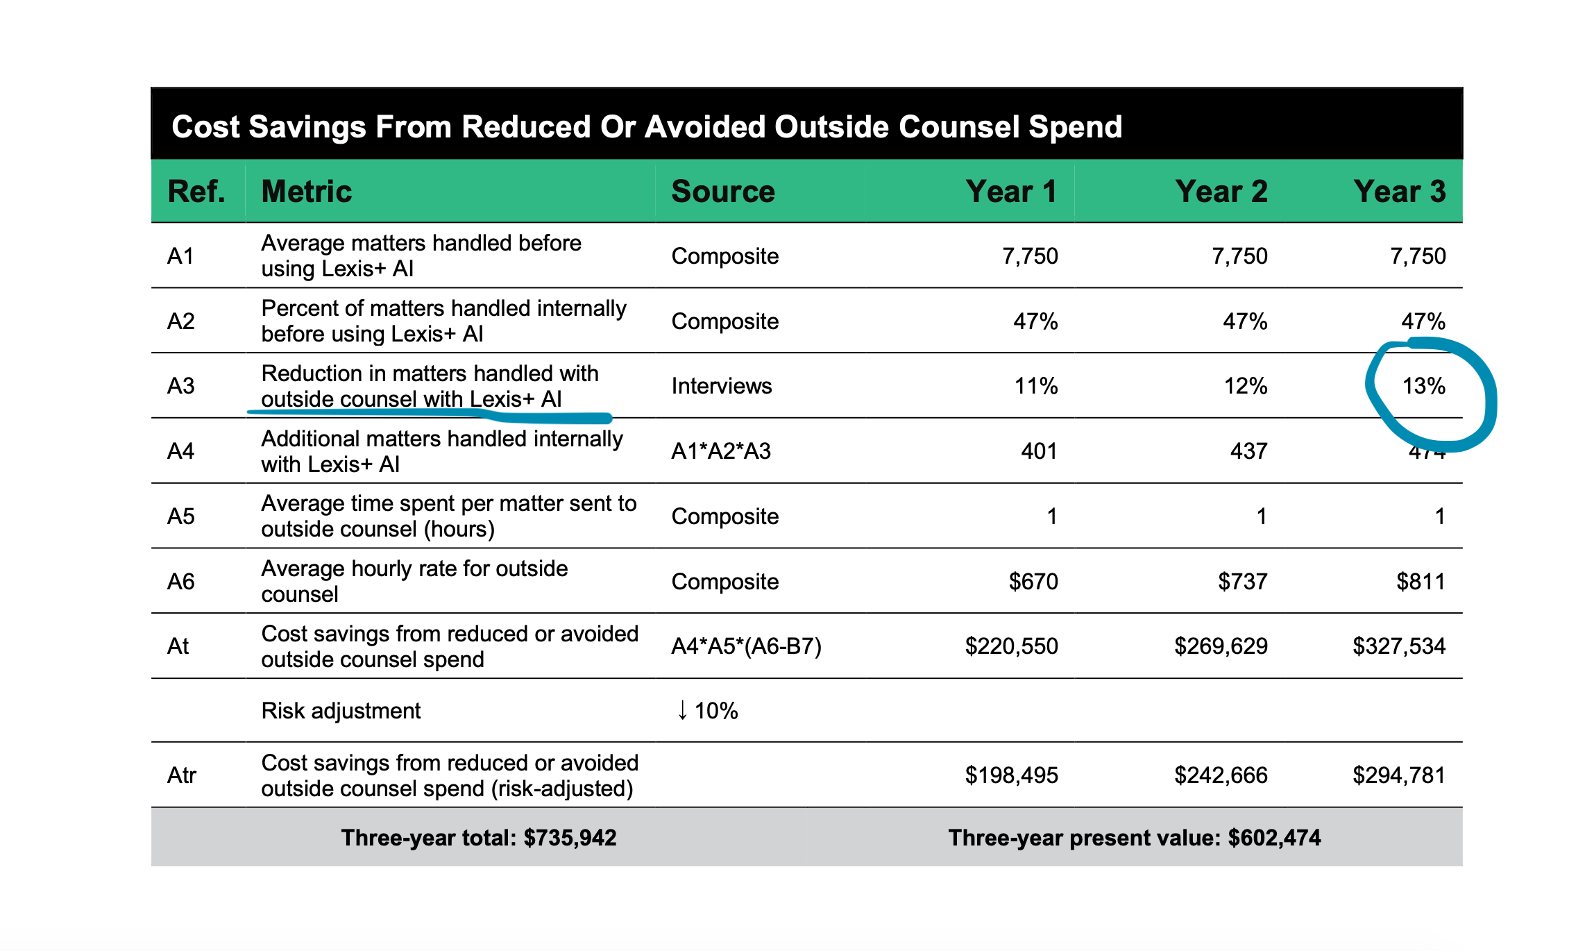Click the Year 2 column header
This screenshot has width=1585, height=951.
pyautogui.click(x=1221, y=191)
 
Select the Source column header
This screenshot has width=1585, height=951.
pyautogui.click(x=723, y=191)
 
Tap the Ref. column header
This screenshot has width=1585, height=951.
pyautogui.click(x=196, y=191)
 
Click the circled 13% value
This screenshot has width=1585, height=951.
pyautogui.click(x=1424, y=386)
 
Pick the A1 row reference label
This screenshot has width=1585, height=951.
pyautogui.click(x=180, y=256)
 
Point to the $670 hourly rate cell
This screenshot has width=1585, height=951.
pyautogui.click(x=1033, y=581)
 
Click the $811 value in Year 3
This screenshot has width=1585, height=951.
pyautogui.click(x=1421, y=581)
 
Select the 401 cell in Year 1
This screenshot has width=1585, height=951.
pyautogui.click(x=1040, y=451)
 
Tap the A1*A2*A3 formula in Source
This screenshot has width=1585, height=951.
pyautogui.click(x=721, y=451)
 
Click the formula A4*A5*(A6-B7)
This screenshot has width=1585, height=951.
pyautogui.click(x=747, y=646)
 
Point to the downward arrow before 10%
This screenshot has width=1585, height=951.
pyautogui.click(x=682, y=710)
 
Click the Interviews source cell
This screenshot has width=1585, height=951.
pyautogui.click(x=722, y=386)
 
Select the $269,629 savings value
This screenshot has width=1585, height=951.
pyautogui.click(x=1221, y=646)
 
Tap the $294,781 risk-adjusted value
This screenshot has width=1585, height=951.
pyautogui.click(x=1399, y=775)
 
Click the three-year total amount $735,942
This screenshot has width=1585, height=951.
pyautogui.click(x=570, y=838)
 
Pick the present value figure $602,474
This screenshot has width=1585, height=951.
pyautogui.click(x=1274, y=838)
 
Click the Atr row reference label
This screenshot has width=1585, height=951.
pyautogui.click(x=182, y=775)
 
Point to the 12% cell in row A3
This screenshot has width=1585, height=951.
pyautogui.click(x=1246, y=386)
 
